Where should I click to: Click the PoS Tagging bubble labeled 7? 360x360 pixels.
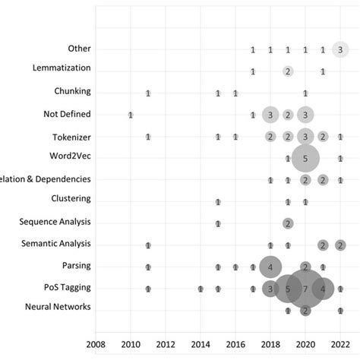tap(305, 289)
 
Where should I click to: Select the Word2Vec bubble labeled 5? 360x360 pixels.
tap(305, 159)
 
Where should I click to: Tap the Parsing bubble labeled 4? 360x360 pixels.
tap(270, 267)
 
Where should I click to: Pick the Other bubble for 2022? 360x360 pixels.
tap(340, 49)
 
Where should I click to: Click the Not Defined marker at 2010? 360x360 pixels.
tap(131, 115)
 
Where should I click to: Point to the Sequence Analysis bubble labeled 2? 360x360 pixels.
tap(288, 223)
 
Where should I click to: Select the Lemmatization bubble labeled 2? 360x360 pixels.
tap(288, 71)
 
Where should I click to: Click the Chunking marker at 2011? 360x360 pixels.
tap(148, 93)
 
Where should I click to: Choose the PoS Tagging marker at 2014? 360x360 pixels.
tap(201, 289)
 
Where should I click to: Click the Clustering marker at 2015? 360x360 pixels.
tap(218, 202)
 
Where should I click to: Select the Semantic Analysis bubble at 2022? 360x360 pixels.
tap(340, 245)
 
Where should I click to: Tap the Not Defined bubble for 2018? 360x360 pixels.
tap(270, 115)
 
